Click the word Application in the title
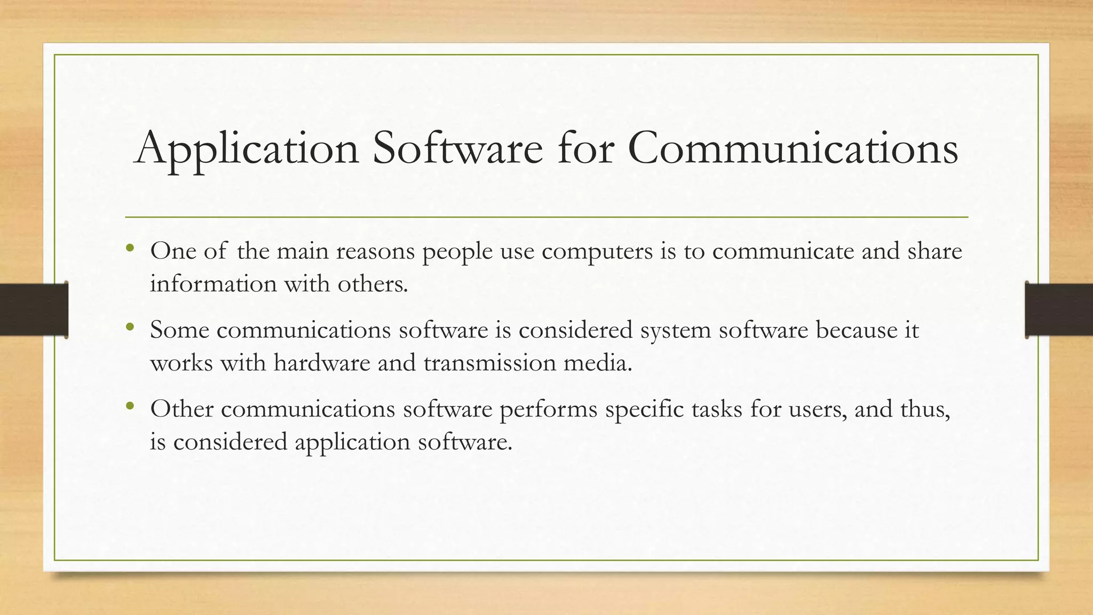[247, 148]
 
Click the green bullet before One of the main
[130, 248]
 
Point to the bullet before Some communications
[130, 327]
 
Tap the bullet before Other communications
[130, 406]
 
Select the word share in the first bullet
[934, 251]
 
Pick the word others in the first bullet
[373, 283]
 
